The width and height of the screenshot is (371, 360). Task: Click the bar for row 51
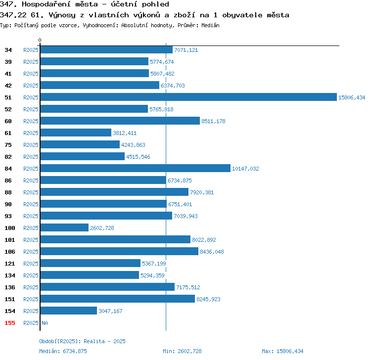tap(188, 97)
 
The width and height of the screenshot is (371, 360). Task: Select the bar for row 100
tap(64, 227)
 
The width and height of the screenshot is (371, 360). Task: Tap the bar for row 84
tap(136, 168)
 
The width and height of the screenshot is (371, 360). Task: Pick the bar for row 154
tap(69, 311)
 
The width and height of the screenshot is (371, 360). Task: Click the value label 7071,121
tap(186, 50)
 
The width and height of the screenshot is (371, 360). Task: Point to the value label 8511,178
tap(213, 121)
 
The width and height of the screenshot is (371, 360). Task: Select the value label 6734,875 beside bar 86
tap(180, 180)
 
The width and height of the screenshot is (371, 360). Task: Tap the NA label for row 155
tap(45, 323)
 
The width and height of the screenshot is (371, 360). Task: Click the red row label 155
tap(10, 323)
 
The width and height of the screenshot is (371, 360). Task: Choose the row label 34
tap(8, 50)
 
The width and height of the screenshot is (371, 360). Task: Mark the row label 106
tap(10, 252)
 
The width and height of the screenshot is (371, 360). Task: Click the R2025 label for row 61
tap(31, 133)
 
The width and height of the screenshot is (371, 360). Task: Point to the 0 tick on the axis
tap(40, 40)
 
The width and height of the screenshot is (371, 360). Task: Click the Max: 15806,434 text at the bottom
tap(282, 351)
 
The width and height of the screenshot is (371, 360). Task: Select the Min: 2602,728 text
tap(182, 351)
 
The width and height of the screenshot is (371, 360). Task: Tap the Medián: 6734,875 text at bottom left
tap(63, 351)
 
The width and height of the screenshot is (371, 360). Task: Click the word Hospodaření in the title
tap(60, 4)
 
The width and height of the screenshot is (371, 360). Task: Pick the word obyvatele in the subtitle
tap(242, 15)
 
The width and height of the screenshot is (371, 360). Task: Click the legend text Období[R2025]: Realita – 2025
tap(82, 341)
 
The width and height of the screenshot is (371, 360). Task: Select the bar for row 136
tap(107, 287)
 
